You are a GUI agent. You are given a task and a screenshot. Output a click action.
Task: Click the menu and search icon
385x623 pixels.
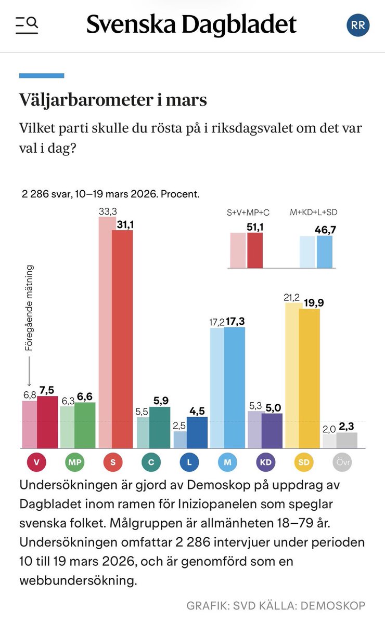(x=27, y=24)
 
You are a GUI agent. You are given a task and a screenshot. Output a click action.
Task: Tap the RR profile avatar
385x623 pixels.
(x=358, y=25)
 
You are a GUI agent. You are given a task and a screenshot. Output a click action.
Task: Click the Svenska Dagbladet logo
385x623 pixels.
(x=191, y=24)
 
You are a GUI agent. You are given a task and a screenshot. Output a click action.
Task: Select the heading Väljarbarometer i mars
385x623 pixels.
(x=113, y=100)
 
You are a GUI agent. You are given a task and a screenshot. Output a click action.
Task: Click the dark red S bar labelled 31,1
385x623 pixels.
(x=122, y=338)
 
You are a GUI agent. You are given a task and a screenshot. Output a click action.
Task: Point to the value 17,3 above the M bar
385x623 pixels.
(x=234, y=322)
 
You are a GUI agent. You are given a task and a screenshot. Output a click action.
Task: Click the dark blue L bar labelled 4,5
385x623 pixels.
(x=197, y=432)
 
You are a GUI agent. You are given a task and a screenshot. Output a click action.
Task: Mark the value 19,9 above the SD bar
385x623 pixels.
(x=310, y=303)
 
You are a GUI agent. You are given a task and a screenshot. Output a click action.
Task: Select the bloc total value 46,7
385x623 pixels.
(x=326, y=229)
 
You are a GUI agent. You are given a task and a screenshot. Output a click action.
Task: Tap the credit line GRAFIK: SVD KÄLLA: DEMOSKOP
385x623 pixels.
(x=276, y=605)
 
